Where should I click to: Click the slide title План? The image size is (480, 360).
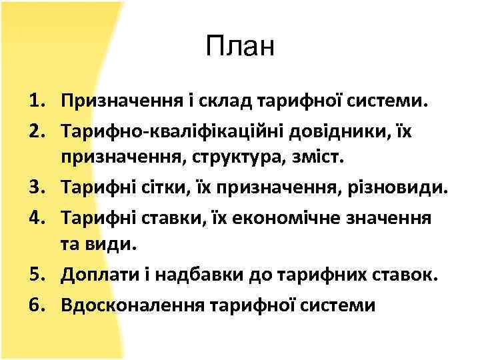(x=240, y=48)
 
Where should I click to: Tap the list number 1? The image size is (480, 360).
(x=36, y=101)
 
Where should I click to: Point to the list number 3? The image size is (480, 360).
(x=36, y=187)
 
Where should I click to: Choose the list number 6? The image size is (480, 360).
(x=36, y=305)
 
